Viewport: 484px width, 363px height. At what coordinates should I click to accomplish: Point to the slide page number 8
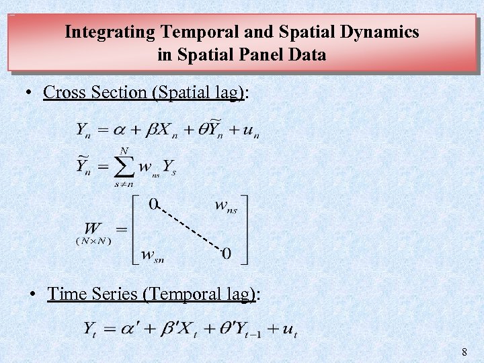[x=465, y=352]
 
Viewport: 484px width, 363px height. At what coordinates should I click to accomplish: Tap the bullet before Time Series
[x=36, y=294]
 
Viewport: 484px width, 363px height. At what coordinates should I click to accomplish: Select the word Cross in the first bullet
[x=65, y=92]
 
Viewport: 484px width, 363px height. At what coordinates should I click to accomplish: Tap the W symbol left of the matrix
[x=93, y=229]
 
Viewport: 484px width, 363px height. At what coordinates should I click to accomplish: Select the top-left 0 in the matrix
[x=153, y=204]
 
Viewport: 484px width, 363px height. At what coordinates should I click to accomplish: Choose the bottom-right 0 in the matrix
[x=227, y=253]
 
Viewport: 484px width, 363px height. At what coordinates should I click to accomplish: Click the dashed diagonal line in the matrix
[x=190, y=229]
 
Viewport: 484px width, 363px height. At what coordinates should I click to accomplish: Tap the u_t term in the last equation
[x=290, y=329]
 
